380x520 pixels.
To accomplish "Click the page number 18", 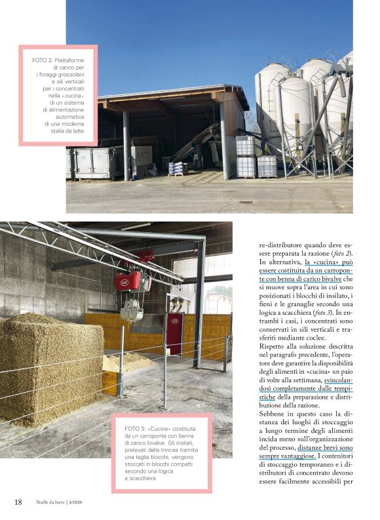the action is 18,502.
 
